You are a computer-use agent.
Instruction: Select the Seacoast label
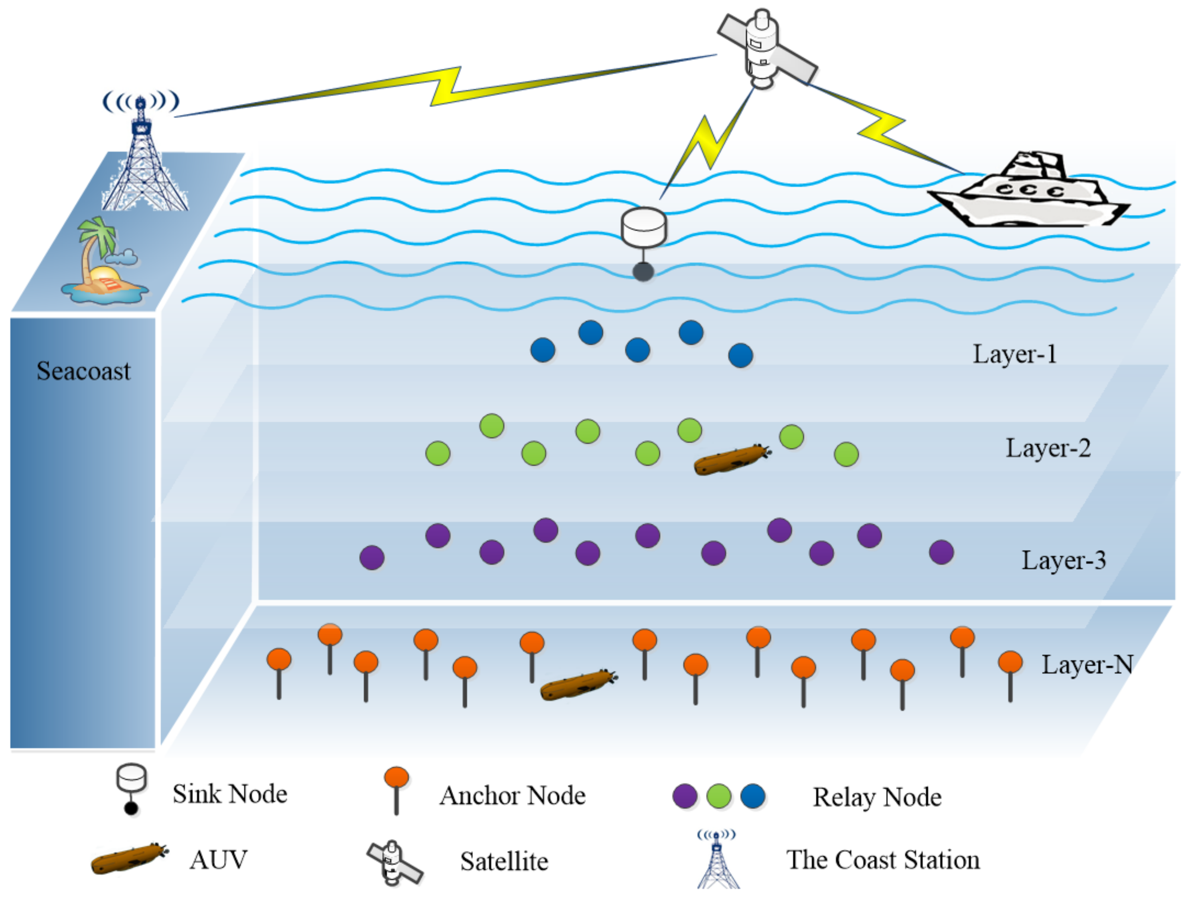[83, 371]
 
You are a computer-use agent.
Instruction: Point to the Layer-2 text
[1048, 448]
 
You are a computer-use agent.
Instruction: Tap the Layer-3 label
[1064, 560]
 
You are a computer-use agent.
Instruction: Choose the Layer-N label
[1087, 665]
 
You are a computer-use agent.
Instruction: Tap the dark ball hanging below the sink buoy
[643, 272]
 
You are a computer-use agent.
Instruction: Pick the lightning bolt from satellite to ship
[882, 127]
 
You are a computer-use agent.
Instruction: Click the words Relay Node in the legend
[877, 797]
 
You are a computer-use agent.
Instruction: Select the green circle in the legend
[719, 796]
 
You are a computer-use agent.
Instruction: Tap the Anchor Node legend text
[512, 796]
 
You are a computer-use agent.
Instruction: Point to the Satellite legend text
[504, 861]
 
